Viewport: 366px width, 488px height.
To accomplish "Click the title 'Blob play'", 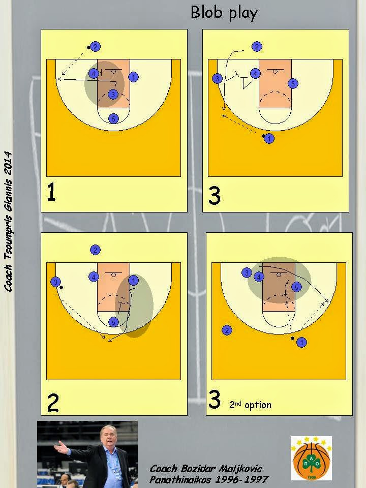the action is click(224, 13).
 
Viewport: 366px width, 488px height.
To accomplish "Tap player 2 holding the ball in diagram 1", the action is click(95, 47).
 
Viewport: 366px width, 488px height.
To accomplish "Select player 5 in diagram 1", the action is click(113, 118).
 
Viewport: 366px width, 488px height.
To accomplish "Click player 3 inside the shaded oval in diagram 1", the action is click(113, 94).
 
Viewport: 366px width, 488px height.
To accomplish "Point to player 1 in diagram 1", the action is click(134, 77).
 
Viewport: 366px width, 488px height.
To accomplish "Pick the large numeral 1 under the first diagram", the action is click(52, 192).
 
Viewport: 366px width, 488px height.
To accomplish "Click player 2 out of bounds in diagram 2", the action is click(95, 250).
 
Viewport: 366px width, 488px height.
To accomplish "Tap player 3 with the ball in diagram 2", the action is click(55, 282).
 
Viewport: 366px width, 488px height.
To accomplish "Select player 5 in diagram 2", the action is click(113, 322).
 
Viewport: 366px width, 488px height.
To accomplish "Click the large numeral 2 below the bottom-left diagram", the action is click(52, 403).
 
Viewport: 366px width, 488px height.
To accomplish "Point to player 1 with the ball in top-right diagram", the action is click(269, 138).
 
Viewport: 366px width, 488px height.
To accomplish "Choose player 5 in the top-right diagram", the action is click(293, 83).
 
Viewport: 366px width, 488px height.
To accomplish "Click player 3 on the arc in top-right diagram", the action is click(217, 78).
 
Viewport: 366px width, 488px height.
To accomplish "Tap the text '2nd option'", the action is click(251, 405).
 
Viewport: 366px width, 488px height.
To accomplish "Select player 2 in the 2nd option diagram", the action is click(227, 330).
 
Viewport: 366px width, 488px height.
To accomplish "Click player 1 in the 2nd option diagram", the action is click(301, 342).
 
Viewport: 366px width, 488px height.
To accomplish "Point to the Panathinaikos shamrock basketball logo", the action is click(311, 458).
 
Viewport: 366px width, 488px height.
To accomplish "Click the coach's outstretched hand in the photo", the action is click(61, 448).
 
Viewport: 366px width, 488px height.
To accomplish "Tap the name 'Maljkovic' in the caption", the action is click(240, 469).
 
